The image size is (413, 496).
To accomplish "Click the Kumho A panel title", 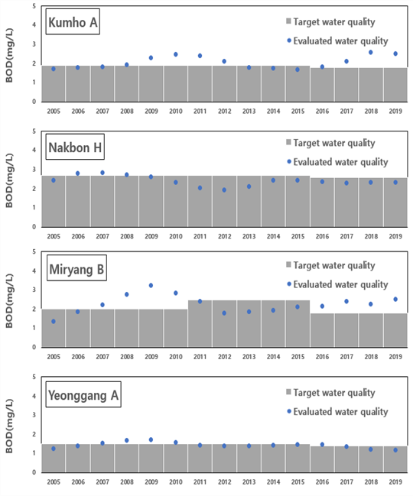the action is click(73, 22).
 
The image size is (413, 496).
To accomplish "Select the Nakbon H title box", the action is click(75, 147).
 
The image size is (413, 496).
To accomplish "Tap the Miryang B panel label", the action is click(76, 268).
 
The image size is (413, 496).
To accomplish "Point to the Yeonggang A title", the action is click(83, 394).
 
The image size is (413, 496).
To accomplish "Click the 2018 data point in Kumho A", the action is click(371, 53).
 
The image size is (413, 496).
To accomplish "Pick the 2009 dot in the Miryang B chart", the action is click(151, 285).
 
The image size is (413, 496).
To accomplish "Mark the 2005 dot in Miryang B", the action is click(54, 322).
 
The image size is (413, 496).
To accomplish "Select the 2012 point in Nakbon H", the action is click(224, 190).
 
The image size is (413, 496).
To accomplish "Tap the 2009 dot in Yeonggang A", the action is click(151, 439).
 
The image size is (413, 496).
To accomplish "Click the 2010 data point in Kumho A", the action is click(176, 54).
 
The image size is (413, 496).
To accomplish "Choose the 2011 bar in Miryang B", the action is click(200, 323).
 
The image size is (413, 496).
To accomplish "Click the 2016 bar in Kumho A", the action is click(322, 85).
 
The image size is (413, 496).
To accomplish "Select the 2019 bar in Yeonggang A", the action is click(395, 459).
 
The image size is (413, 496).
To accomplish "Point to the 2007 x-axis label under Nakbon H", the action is click(102, 236).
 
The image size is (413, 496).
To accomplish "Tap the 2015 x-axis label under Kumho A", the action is click(298, 111).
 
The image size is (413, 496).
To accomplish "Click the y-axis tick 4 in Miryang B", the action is click(34, 271).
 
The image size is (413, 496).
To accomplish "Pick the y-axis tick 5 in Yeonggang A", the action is click(34, 377).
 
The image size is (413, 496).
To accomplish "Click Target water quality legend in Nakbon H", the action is click(330, 143).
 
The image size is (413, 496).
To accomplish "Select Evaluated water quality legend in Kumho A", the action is click(337, 41).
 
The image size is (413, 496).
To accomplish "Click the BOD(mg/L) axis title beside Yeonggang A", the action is click(9, 426).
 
